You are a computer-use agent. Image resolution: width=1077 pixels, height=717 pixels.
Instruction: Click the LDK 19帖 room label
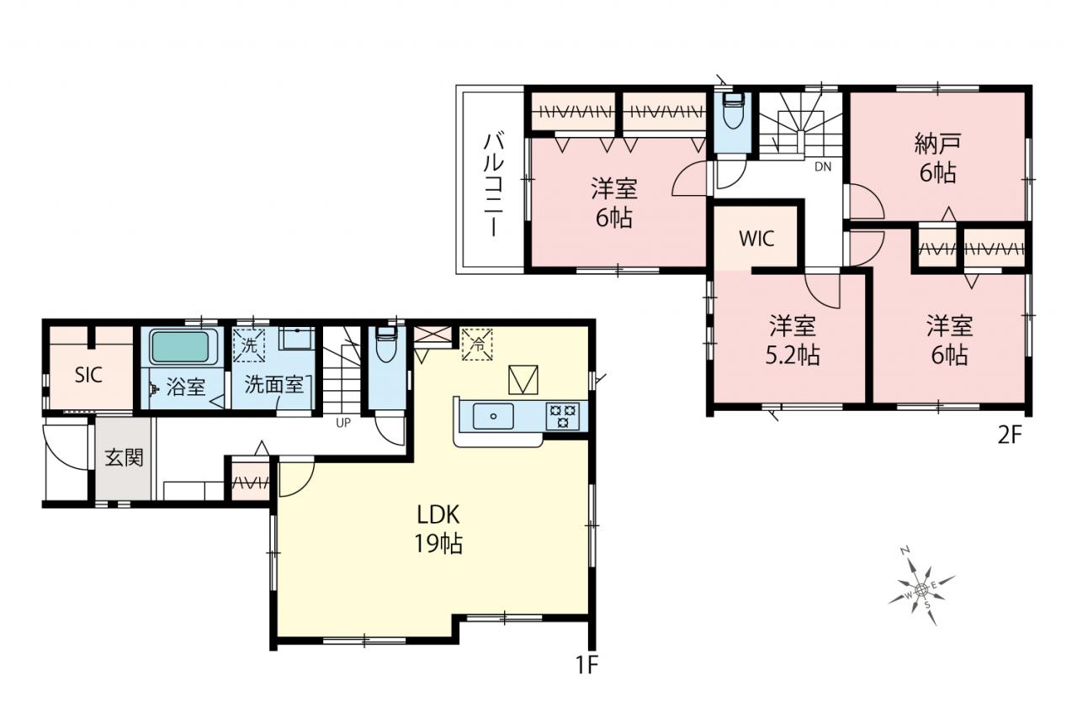[x=438, y=530]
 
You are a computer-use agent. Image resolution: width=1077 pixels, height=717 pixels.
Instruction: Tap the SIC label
[x=88, y=375]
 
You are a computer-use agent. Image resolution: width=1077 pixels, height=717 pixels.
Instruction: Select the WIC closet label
[x=756, y=238]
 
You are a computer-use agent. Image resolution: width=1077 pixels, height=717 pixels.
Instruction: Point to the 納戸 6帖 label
[x=937, y=159]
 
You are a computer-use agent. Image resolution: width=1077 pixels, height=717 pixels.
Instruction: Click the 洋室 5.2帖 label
[x=793, y=340]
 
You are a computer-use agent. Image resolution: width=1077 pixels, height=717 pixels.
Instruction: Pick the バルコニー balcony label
[x=494, y=186]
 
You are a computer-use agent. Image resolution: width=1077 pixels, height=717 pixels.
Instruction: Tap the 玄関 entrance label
[x=124, y=457]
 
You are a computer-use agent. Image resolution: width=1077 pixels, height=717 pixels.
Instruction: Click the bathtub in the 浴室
[x=180, y=347]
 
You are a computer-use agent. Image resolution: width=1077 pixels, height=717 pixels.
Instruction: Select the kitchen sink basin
[x=493, y=416]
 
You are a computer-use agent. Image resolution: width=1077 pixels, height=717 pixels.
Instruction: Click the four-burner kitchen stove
[x=563, y=416]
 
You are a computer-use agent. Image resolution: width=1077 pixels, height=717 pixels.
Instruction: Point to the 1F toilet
[x=385, y=344]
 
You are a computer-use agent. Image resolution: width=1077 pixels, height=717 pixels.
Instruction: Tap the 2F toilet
[x=733, y=110]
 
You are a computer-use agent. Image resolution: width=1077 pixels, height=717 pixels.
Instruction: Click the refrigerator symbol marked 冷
[x=476, y=344]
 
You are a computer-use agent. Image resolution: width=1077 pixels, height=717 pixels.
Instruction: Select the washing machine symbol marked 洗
[x=248, y=345]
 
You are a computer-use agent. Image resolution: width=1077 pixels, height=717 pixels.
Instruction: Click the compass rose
[x=920, y=589]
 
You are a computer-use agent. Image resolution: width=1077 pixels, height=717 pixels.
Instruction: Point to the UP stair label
[x=343, y=423]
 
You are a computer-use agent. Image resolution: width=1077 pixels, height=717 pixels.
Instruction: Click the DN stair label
[x=823, y=166]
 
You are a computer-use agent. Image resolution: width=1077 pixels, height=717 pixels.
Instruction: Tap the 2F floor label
[x=1009, y=435]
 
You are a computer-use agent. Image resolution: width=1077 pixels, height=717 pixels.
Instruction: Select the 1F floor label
[x=586, y=665]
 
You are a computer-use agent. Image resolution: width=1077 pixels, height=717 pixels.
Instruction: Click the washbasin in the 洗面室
[x=296, y=338]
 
